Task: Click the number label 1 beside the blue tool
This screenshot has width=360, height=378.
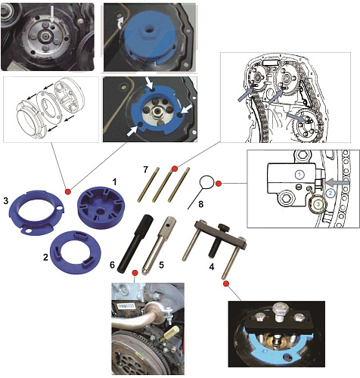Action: point(115,182)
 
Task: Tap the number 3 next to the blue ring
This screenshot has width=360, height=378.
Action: point(6,201)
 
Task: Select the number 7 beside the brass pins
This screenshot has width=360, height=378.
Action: point(145,170)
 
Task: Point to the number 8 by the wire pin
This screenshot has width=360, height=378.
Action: point(200,204)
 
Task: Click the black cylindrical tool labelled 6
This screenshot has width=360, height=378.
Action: point(133,243)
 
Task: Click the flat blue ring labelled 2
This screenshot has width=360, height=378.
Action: point(76,252)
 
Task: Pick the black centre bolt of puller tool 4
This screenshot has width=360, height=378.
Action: point(218,240)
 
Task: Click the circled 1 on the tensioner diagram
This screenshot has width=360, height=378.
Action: point(299,174)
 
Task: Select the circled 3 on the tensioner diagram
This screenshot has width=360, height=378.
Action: point(318,204)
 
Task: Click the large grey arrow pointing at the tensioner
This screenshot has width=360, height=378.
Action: point(337,182)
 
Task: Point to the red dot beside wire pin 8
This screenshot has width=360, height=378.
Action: point(219,184)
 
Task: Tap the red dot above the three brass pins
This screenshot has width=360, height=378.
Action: point(174,169)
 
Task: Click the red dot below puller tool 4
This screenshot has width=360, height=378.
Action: point(226,283)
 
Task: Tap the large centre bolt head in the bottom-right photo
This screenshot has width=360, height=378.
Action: point(281,311)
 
